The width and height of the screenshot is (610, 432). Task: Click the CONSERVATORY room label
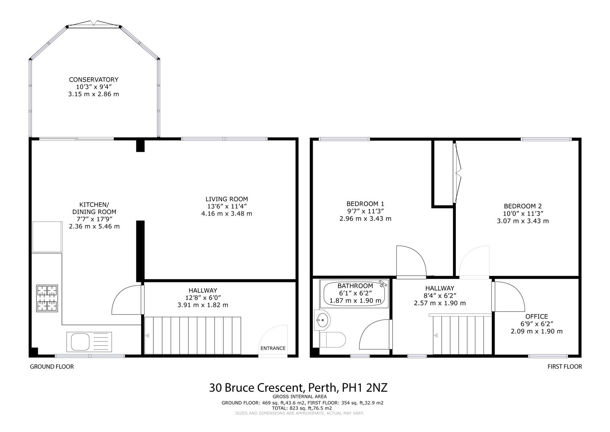click(x=93, y=80)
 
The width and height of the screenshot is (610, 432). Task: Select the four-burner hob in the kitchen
click(x=47, y=298)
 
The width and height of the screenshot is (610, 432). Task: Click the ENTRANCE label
click(x=273, y=348)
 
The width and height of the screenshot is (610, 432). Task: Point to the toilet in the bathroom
click(x=333, y=340)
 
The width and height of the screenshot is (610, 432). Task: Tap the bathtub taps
click(x=383, y=284)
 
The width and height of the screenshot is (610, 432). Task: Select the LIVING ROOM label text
click(x=227, y=199)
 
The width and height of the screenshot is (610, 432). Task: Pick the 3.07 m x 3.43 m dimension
click(x=523, y=221)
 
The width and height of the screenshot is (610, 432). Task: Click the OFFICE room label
click(x=536, y=316)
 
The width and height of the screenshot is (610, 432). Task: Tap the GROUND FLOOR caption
click(x=52, y=366)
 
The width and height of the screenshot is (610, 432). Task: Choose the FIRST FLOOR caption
click(x=564, y=366)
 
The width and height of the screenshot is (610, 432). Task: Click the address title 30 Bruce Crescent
click(x=298, y=388)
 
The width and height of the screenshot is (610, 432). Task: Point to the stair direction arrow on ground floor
click(x=147, y=336)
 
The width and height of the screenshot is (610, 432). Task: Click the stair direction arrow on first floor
click(x=436, y=336)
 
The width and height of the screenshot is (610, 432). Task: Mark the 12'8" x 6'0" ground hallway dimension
click(x=203, y=298)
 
